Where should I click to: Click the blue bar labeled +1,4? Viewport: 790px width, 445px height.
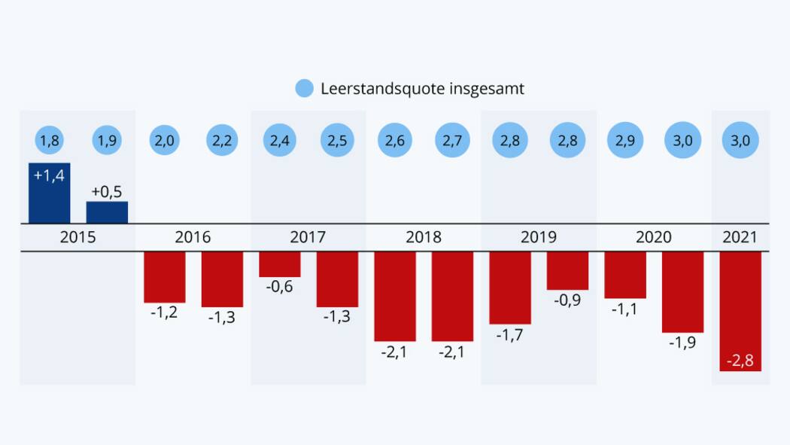[50, 193]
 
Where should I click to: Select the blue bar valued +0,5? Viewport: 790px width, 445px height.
[107, 212]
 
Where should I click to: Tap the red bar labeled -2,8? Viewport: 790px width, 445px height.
[740, 311]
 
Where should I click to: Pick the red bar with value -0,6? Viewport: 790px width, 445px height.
[280, 264]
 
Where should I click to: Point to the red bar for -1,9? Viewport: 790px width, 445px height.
[682, 292]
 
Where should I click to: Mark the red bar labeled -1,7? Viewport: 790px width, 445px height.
[510, 288]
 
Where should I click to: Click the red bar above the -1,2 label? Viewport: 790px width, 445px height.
[165, 277]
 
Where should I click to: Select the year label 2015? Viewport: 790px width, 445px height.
[77, 238]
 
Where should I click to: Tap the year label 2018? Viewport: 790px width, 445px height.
[424, 238]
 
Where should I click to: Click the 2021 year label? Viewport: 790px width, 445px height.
[740, 238]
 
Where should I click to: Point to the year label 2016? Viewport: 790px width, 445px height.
[193, 238]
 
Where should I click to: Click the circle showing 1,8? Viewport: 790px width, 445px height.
[50, 141]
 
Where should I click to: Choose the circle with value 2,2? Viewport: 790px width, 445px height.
[222, 141]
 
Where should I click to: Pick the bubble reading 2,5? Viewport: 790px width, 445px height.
[337, 141]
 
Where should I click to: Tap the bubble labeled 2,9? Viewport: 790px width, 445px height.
[625, 141]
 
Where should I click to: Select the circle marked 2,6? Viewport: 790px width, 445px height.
[395, 141]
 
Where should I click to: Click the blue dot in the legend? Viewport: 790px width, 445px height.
[304, 88]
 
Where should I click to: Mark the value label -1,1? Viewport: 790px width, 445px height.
[625, 309]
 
